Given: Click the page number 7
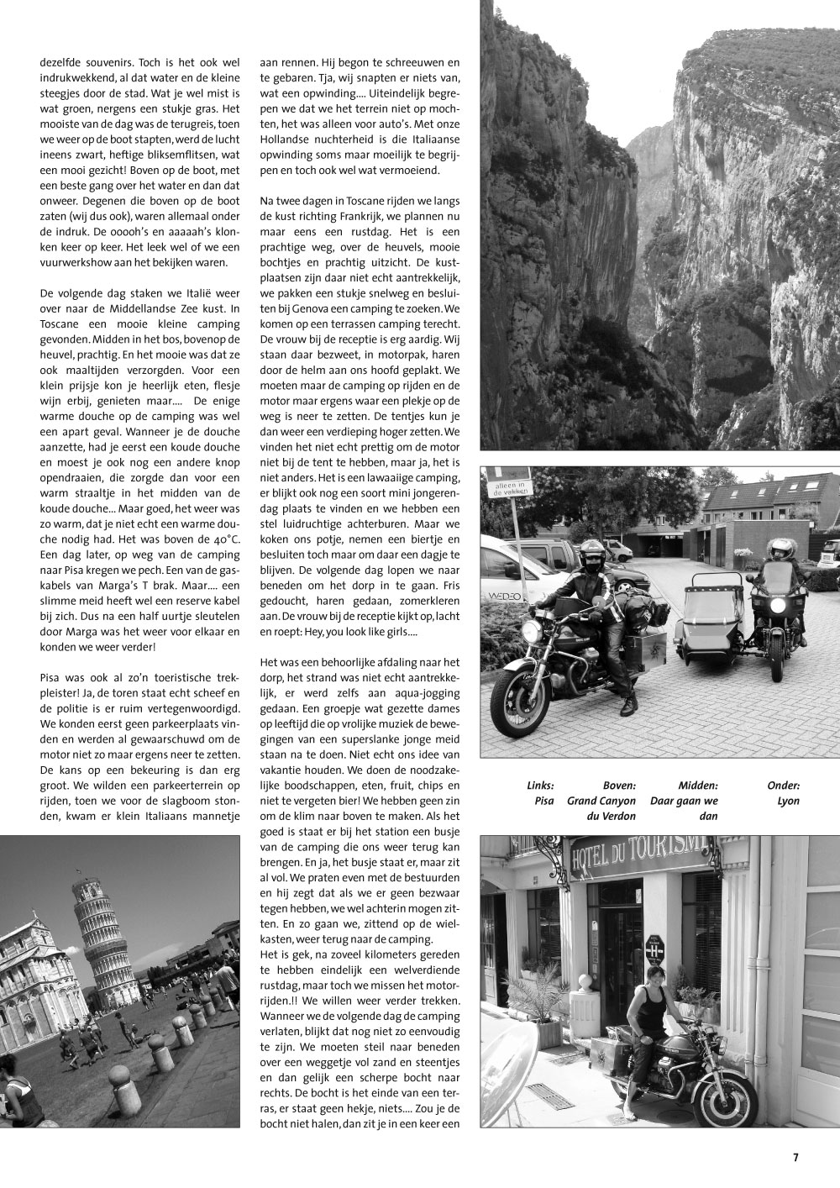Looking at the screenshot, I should pyautogui.click(x=795, y=1157).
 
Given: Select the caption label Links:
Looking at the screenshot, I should pyautogui.click(x=540, y=786).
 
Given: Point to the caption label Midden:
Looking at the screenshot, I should pyautogui.click(x=698, y=786).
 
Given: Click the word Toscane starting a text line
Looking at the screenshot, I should pyautogui.click(x=61, y=323).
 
